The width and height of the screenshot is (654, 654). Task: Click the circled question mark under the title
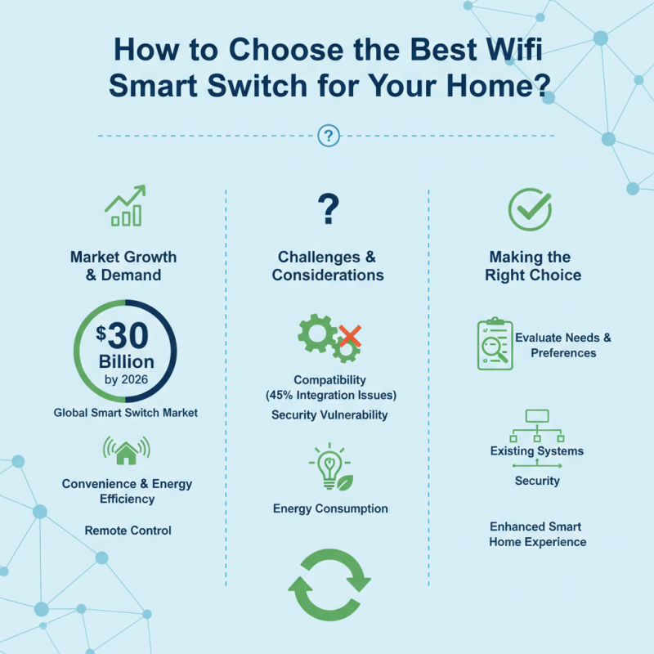coord(328,137)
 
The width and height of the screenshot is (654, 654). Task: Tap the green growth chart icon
coord(125,206)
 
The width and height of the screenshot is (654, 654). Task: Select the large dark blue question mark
coord(328,209)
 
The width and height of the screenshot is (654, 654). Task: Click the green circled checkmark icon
coord(530,210)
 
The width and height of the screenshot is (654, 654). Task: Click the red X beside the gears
coord(350,335)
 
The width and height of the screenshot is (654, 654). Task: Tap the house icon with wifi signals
coord(126,451)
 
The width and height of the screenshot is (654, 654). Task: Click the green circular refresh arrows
coord(329,584)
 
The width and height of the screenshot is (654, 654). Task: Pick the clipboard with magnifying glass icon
coord(495,344)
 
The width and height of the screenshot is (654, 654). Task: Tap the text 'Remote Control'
coord(128,531)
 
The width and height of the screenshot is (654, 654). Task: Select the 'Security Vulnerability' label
coord(329,415)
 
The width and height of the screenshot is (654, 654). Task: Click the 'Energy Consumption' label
coord(330,508)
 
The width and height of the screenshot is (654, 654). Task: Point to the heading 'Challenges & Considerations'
coord(328,266)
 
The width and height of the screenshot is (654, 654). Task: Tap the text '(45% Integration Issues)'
coord(330,396)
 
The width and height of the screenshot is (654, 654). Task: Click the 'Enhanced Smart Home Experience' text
coord(537,534)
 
